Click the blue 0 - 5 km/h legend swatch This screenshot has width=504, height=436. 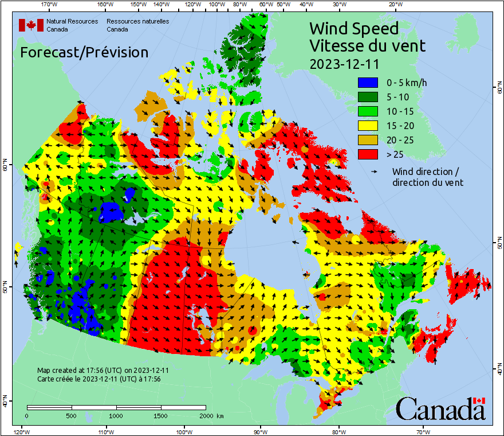tap(368, 83)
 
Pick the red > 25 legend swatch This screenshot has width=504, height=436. tap(368, 154)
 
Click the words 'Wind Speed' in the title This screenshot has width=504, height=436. tap(353, 28)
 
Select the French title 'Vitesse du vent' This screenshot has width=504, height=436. tap(367, 45)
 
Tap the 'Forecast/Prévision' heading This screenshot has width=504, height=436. tap(84, 52)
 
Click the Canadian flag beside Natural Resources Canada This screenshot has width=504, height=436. tap(31, 25)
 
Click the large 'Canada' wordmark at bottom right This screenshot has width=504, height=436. tap(440, 409)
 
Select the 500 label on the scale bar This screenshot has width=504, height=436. tap(72, 415)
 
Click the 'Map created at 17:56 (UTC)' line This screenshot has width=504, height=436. tap(103, 371)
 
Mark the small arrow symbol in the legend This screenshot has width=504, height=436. tap(376, 172)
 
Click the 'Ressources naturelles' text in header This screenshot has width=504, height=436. tap(137, 21)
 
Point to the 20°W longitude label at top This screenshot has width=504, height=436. tap(394, 5)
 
